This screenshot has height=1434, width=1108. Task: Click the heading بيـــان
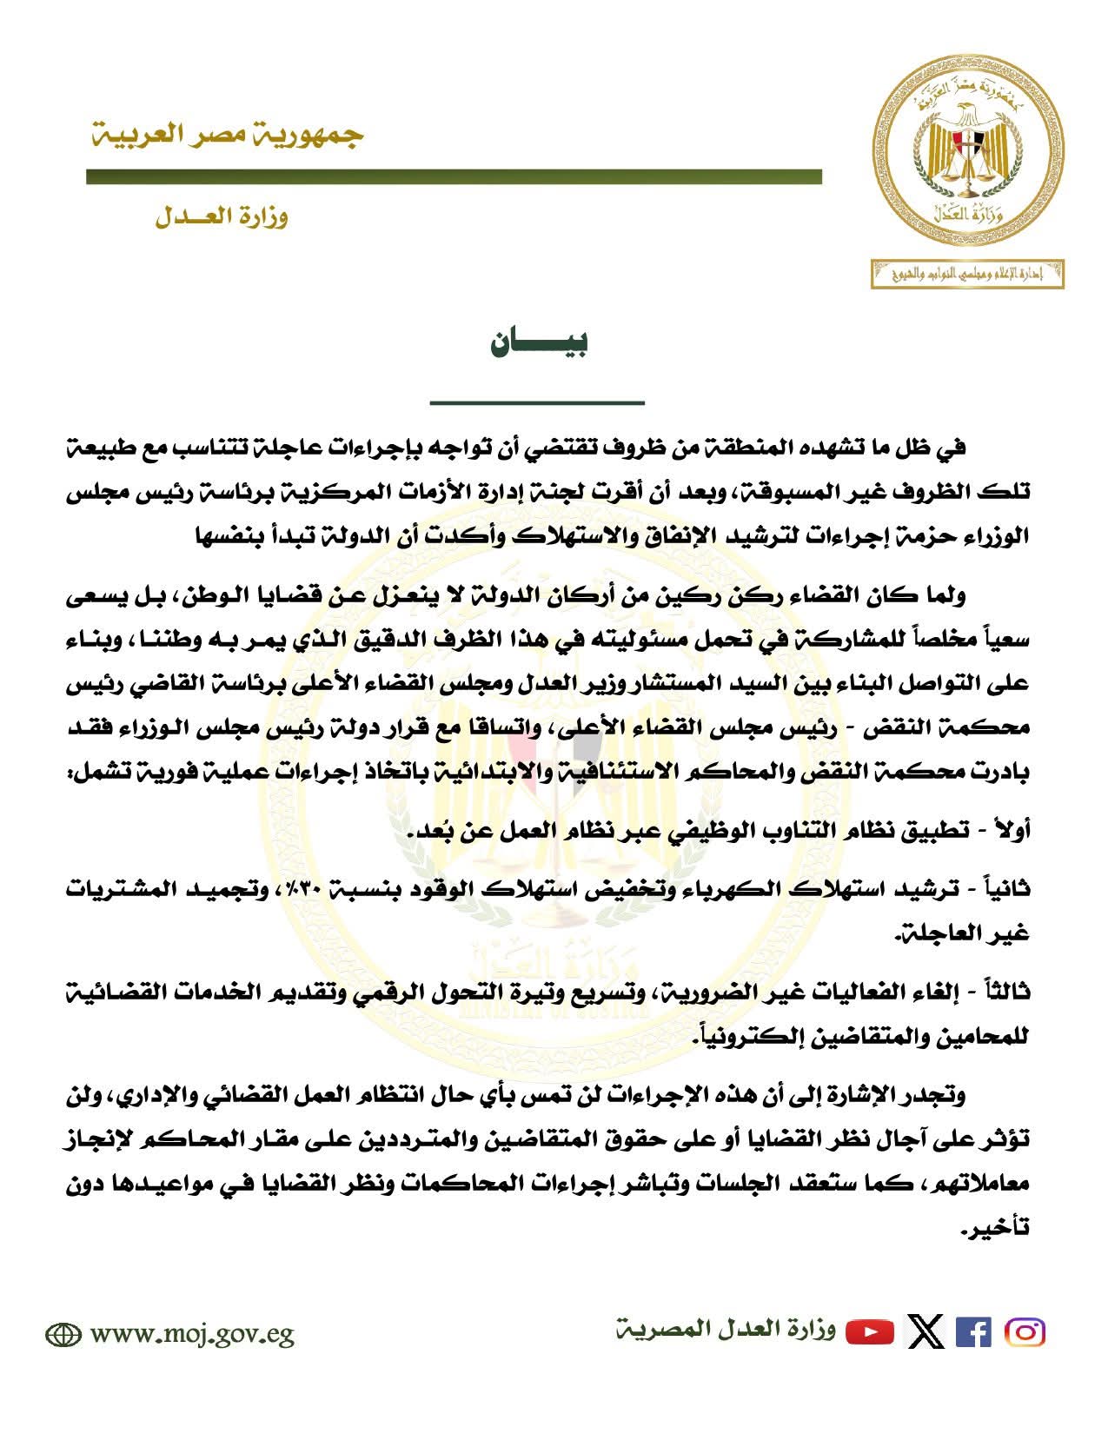(x=539, y=342)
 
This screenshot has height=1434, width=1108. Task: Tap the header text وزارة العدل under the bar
(x=222, y=217)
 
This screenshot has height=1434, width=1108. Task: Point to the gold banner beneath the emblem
(x=968, y=275)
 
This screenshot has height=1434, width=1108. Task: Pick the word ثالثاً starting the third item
(x=1004, y=992)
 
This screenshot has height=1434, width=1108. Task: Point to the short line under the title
(x=537, y=402)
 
